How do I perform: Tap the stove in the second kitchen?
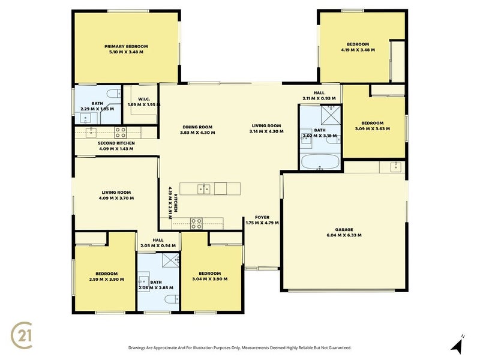120,133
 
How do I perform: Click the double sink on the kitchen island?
203,189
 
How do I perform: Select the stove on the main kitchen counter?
196,223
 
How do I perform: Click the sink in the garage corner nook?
395,166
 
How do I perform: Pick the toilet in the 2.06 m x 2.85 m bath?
170,299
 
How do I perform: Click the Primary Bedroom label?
126,46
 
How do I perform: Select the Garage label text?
344,229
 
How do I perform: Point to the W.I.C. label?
143,99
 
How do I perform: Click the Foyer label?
262,217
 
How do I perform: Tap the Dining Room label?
197,127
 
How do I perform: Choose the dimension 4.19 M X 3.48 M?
358,50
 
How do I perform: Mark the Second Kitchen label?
116,143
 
